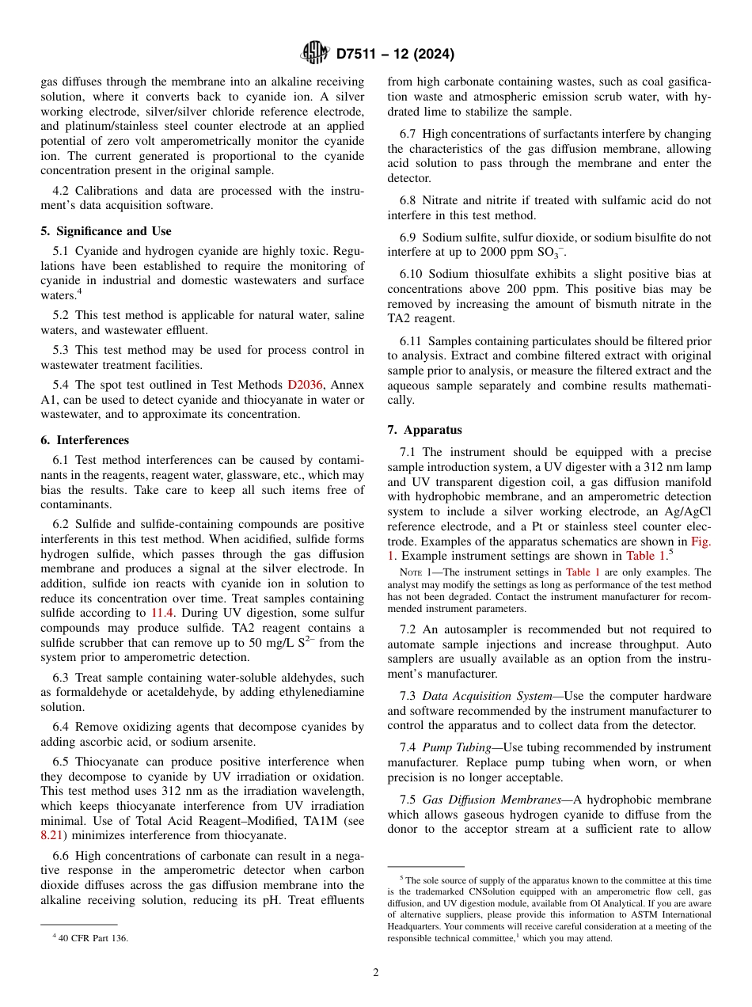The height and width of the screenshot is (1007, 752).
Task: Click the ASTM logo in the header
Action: (x=314, y=54)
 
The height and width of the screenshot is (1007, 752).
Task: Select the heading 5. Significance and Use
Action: (x=105, y=231)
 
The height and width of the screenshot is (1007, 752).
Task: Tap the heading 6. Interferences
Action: (x=85, y=440)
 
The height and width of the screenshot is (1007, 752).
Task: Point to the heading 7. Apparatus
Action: (x=424, y=430)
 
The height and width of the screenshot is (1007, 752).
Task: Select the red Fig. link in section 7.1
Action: (x=700, y=541)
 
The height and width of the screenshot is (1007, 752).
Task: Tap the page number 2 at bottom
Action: (x=376, y=973)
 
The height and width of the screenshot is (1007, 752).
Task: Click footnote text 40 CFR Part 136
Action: (x=93, y=938)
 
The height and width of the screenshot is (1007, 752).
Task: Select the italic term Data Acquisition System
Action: (x=487, y=696)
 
